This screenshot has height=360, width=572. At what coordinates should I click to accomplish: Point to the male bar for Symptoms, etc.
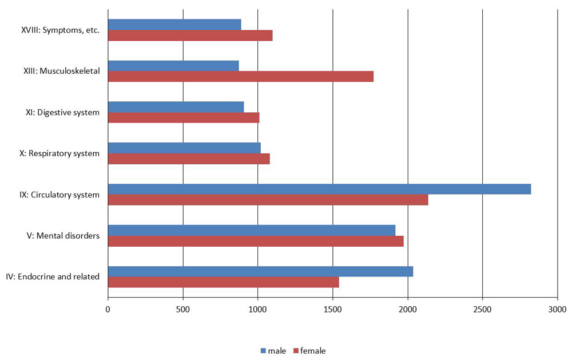[x=174, y=25]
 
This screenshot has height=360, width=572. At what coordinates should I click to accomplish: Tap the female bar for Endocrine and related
[x=223, y=282]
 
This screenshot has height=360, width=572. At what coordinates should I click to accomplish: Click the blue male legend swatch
[x=264, y=350]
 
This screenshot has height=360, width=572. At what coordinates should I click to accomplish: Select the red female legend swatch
[x=296, y=350]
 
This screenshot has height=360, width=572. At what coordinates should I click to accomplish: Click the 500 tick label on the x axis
[x=183, y=310]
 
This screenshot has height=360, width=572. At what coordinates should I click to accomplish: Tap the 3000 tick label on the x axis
[x=557, y=310]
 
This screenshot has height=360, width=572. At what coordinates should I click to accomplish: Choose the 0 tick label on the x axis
[x=108, y=310]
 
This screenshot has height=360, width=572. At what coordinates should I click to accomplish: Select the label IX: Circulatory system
[x=59, y=195]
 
